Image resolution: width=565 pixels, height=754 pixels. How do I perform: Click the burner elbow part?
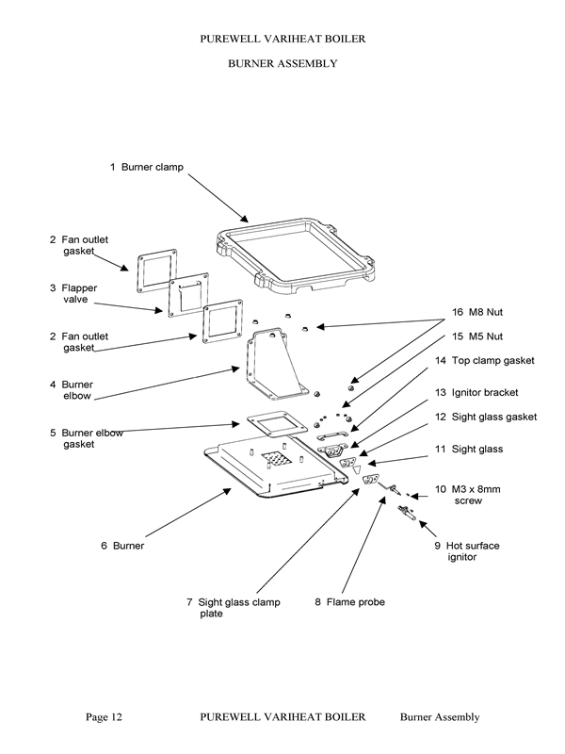pyautogui.click(x=273, y=368)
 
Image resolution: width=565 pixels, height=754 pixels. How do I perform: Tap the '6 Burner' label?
pyautogui.click(x=121, y=546)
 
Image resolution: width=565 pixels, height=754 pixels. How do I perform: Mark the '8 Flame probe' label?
pyautogui.click(x=349, y=602)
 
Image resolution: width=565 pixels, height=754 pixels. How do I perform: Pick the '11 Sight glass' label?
pyautogui.click(x=476, y=450)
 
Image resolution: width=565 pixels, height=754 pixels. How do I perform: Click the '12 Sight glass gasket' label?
pyautogui.click(x=485, y=416)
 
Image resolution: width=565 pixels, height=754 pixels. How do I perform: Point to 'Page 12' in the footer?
pyautogui.click(x=105, y=717)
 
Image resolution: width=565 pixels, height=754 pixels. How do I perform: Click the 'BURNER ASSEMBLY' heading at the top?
pyautogui.click(x=282, y=64)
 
